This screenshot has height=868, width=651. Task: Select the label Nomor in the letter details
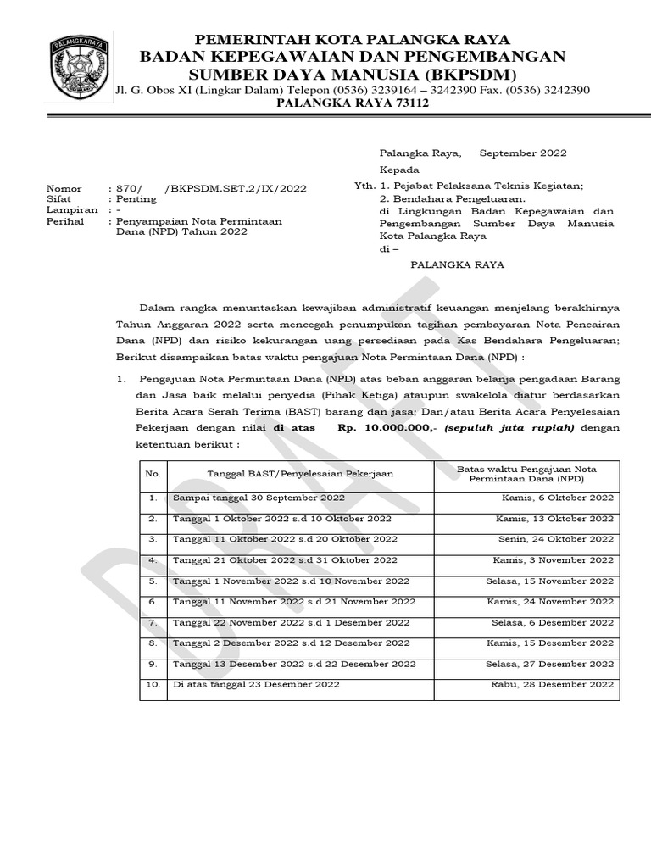pyautogui.click(x=64, y=188)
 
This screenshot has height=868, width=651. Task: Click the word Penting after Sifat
pyautogui.click(x=136, y=199)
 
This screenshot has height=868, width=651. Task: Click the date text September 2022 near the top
pyautogui.click(x=523, y=153)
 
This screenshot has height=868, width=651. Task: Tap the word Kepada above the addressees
pyautogui.click(x=396, y=170)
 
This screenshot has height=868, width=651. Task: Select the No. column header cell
pyautogui.click(x=153, y=475)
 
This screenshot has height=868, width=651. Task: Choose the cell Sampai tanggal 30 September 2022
pyautogui.click(x=259, y=498)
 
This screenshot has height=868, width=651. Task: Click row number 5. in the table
pyautogui.click(x=153, y=581)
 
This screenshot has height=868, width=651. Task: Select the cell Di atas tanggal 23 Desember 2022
pyautogui.click(x=256, y=684)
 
